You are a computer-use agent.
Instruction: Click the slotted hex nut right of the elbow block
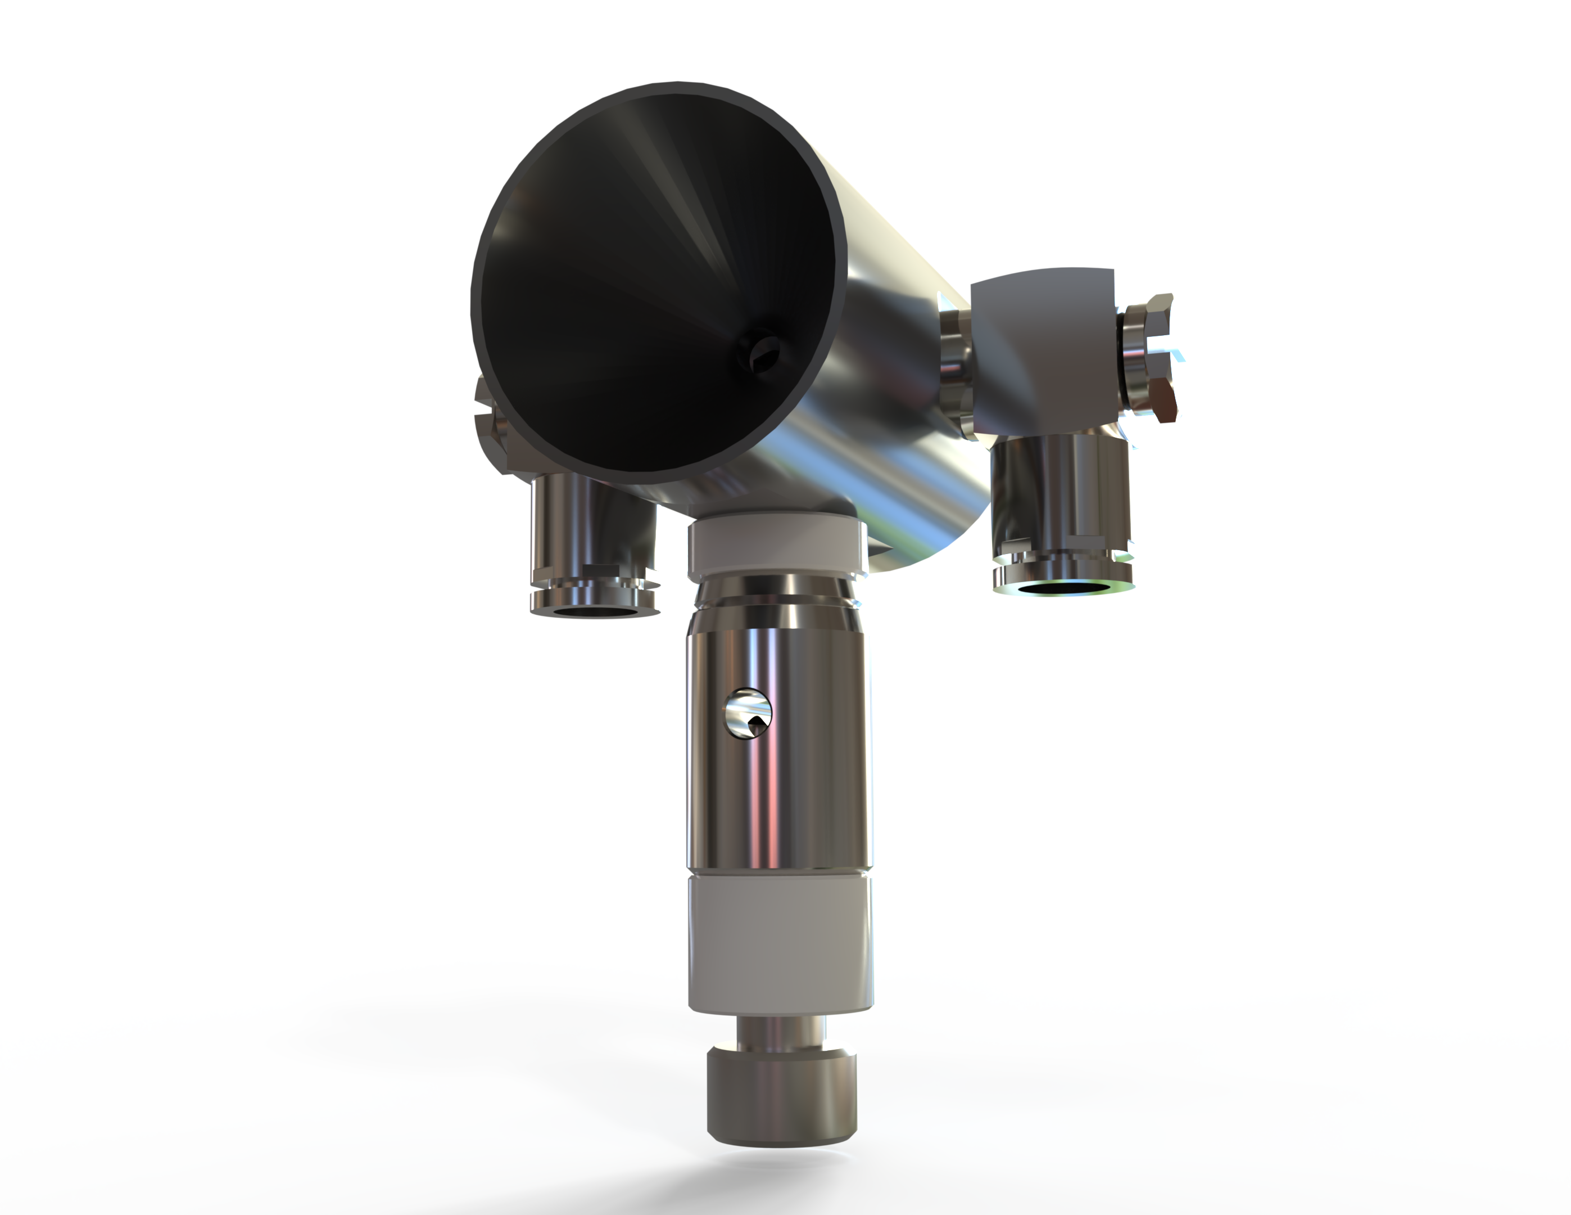click(1152, 356)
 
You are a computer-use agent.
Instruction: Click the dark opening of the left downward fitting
click(594, 613)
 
